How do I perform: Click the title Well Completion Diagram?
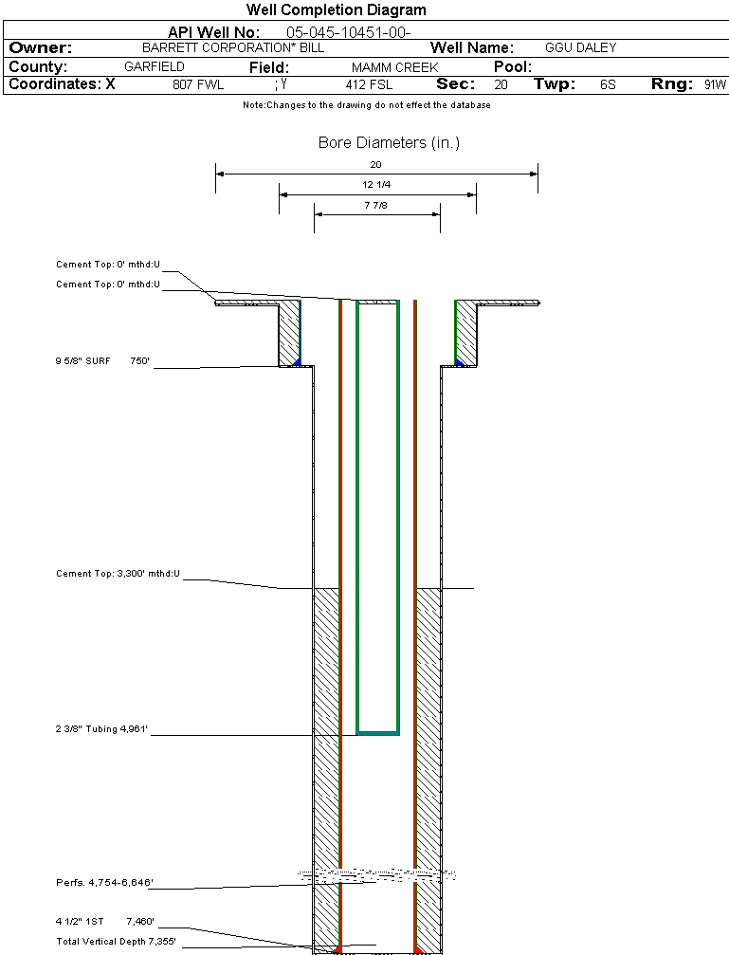click(x=336, y=10)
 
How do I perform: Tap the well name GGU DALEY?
click(x=580, y=47)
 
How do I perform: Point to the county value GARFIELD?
click(x=154, y=67)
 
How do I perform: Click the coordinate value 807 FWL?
click(x=198, y=85)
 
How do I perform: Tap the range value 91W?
click(x=715, y=85)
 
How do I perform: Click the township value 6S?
click(x=608, y=85)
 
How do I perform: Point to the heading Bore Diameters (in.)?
click(x=389, y=143)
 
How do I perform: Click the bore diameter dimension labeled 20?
click(x=375, y=165)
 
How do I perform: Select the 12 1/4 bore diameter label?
click(x=376, y=185)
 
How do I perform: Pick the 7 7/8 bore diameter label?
click(x=376, y=205)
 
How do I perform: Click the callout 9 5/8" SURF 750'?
click(x=102, y=361)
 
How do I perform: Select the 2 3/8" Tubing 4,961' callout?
click(x=102, y=729)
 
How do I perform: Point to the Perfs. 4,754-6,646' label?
click(x=104, y=883)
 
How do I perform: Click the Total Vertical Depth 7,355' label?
click(x=116, y=942)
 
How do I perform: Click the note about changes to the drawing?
click(x=367, y=105)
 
